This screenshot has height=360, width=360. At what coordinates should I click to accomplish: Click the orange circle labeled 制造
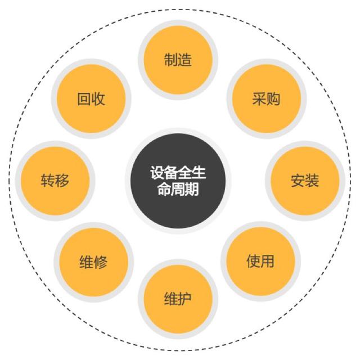click(x=178, y=60)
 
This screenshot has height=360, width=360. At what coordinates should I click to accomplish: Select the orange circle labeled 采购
click(x=266, y=99)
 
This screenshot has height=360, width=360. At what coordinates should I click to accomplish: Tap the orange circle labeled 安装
click(x=305, y=181)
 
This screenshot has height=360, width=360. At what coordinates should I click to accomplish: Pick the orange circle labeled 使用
click(x=260, y=261)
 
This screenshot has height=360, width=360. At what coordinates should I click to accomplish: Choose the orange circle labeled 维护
click(x=178, y=299)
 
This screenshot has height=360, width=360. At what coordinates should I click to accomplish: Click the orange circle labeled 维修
click(x=94, y=262)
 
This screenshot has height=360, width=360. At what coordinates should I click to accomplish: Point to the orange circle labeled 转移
click(x=55, y=181)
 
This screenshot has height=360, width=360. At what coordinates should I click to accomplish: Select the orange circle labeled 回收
click(x=91, y=99)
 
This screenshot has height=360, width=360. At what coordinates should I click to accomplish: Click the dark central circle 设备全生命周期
click(x=178, y=181)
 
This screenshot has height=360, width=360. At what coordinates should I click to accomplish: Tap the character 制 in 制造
click(x=171, y=60)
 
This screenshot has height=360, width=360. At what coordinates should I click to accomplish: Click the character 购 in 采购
click(x=273, y=99)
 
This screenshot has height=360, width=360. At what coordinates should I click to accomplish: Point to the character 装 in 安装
click(x=312, y=181)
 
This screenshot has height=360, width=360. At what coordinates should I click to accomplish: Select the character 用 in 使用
click(x=268, y=261)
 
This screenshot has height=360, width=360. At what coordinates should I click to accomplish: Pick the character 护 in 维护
click(x=185, y=299)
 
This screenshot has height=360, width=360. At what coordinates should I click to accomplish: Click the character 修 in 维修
click(x=101, y=262)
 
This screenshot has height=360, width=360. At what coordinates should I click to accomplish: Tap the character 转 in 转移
click(x=48, y=181)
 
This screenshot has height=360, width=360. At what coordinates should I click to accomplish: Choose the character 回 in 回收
click(x=84, y=99)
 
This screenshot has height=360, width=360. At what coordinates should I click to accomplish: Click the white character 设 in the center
click(x=157, y=172)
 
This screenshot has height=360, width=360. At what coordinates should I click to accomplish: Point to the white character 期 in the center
click(x=192, y=190)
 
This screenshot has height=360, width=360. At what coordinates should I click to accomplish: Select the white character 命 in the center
click(x=164, y=190)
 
